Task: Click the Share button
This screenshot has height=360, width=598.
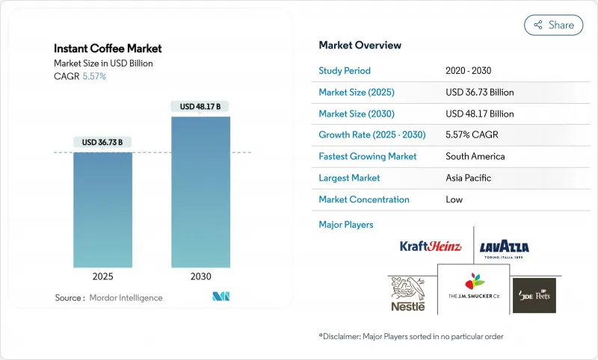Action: (554, 25)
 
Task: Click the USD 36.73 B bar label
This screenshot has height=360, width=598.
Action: (103, 142)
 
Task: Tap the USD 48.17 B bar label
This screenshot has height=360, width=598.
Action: (200, 107)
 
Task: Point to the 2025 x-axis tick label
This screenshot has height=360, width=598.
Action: (103, 276)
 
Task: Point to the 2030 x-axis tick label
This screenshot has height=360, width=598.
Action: (200, 276)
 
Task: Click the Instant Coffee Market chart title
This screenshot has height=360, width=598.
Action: (108, 49)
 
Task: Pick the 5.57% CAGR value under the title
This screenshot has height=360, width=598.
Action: (94, 76)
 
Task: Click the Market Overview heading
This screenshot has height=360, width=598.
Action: (360, 46)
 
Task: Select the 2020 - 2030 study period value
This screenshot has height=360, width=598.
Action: (469, 71)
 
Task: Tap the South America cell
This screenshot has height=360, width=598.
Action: (475, 157)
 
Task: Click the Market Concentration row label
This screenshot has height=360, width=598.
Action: (363, 199)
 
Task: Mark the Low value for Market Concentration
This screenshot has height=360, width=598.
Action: (454, 199)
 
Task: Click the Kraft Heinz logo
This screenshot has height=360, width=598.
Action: (431, 246)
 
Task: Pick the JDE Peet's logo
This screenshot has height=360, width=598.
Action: (534, 294)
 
